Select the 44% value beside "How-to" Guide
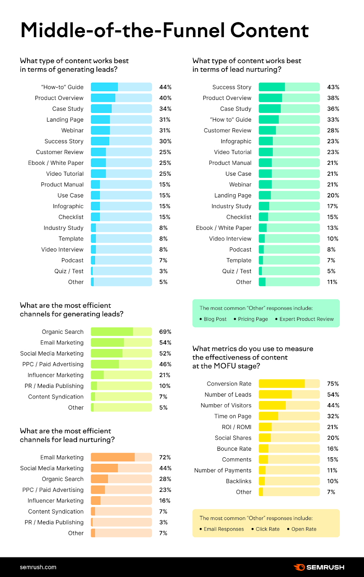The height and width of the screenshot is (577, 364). (x=165, y=87)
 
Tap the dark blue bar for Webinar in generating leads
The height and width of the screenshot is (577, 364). (x=100, y=131)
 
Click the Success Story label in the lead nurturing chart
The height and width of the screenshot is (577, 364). (x=232, y=87)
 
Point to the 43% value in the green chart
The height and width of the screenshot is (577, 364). (x=333, y=87)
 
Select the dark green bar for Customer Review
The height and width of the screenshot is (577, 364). (x=267, y=131)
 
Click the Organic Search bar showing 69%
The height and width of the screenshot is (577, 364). (x=112, y=332)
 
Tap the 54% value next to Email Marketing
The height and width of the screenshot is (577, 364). (x=165, y=343)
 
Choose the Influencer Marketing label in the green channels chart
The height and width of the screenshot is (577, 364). (x=55, y=375)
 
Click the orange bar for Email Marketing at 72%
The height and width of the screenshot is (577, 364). (x=113, y=457)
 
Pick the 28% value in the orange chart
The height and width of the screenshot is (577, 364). (x=165, y=479)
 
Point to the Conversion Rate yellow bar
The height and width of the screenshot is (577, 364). (x=282, y=384)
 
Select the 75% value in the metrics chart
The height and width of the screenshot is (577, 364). (x=333, y=384)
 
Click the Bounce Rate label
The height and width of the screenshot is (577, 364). (x=234, y=449)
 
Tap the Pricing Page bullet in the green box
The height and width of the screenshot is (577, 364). (x=253, y=319)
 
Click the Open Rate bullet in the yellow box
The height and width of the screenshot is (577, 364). (x=304, y=529)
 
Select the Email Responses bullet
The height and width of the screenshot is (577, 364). (x=224, y=529)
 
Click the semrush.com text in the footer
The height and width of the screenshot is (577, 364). (x=38, y=567)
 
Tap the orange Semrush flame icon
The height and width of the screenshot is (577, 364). (x=299, y=567)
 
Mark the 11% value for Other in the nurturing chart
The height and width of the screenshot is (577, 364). (x=332, y=282)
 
